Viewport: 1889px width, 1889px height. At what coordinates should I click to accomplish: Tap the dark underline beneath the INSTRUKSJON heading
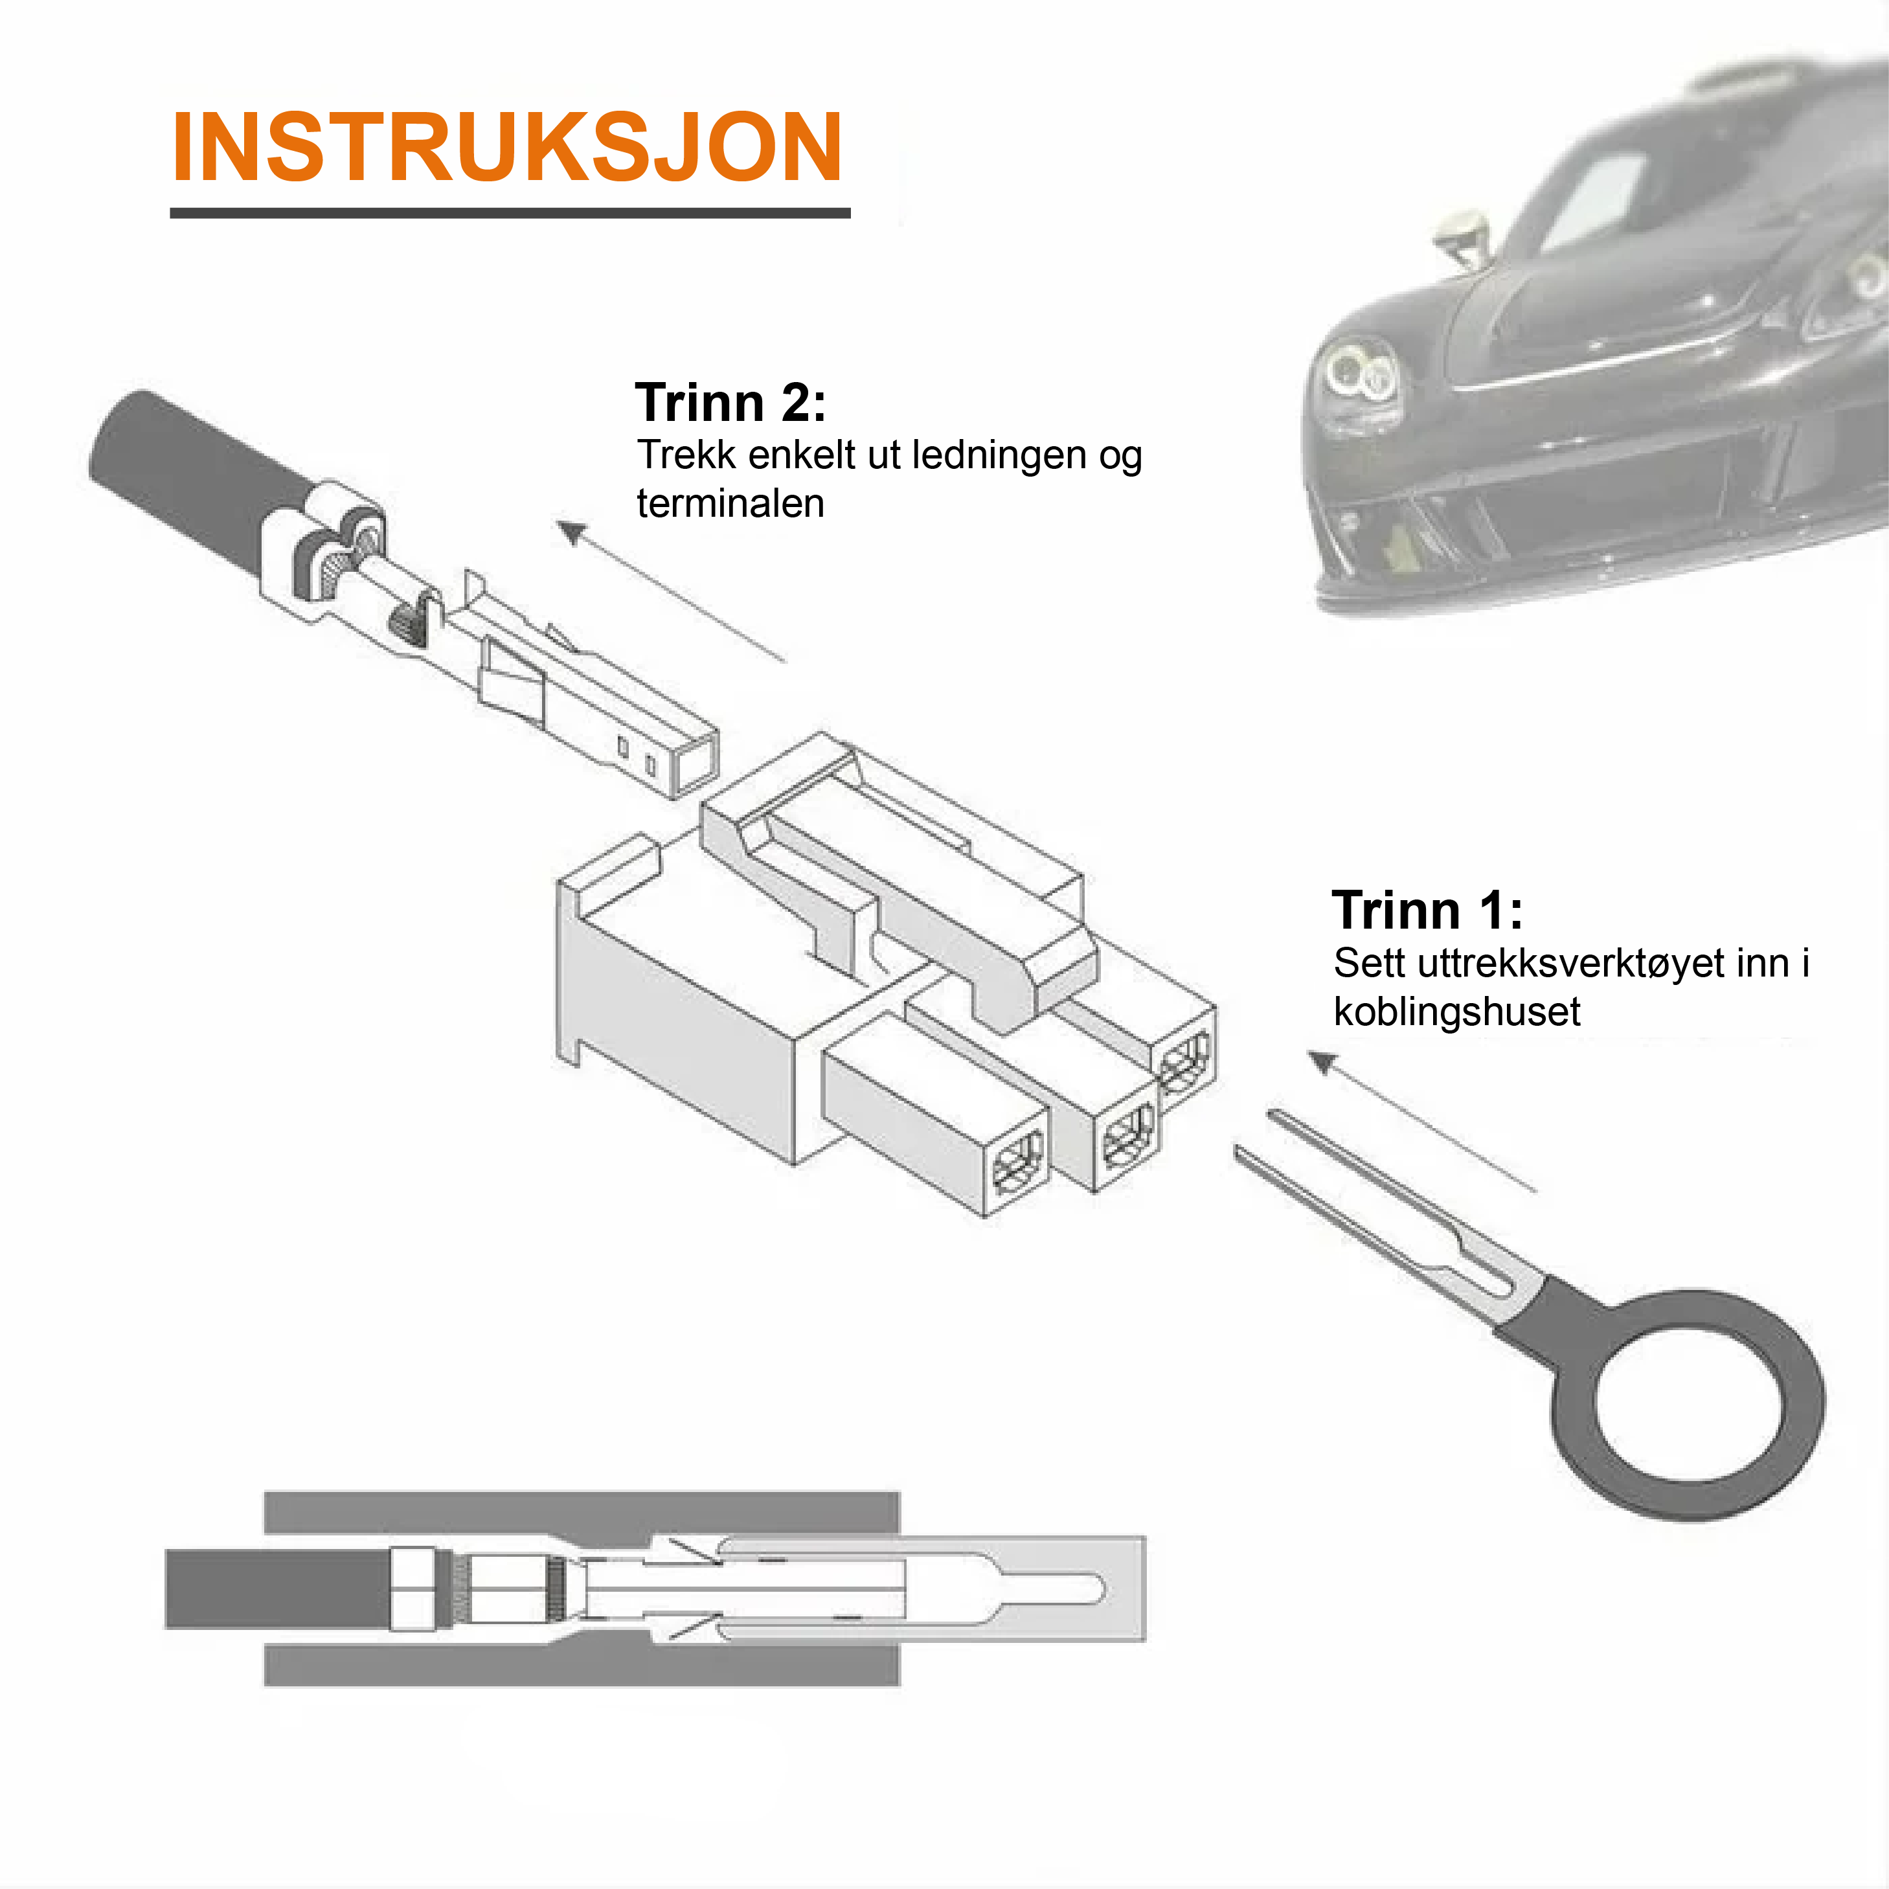510,212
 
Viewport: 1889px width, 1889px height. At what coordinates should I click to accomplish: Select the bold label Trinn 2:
730,402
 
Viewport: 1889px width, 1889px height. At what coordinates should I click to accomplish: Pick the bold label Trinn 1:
1427,911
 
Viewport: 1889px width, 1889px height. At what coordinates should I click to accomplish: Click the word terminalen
730,504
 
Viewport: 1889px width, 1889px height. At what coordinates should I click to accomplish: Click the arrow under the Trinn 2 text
671,591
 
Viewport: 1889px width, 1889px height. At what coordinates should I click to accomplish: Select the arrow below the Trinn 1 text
1423,1122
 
